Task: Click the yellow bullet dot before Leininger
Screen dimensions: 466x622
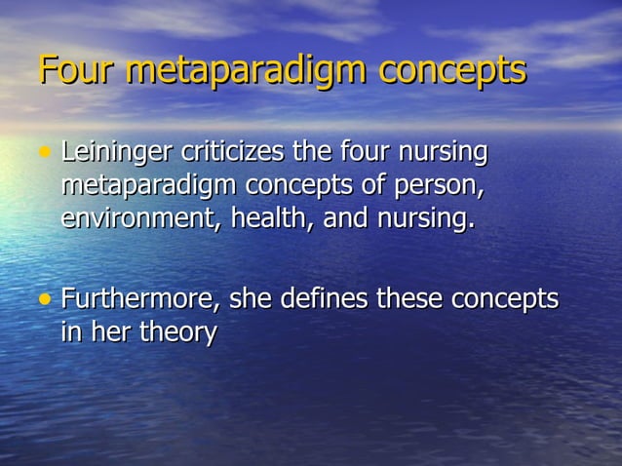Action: tap(45, 154)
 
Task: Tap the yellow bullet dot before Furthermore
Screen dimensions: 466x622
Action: tap(45, 298)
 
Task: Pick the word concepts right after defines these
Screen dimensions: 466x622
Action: tap(507, 298)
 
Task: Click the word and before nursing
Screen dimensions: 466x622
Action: tap(345, 217)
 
